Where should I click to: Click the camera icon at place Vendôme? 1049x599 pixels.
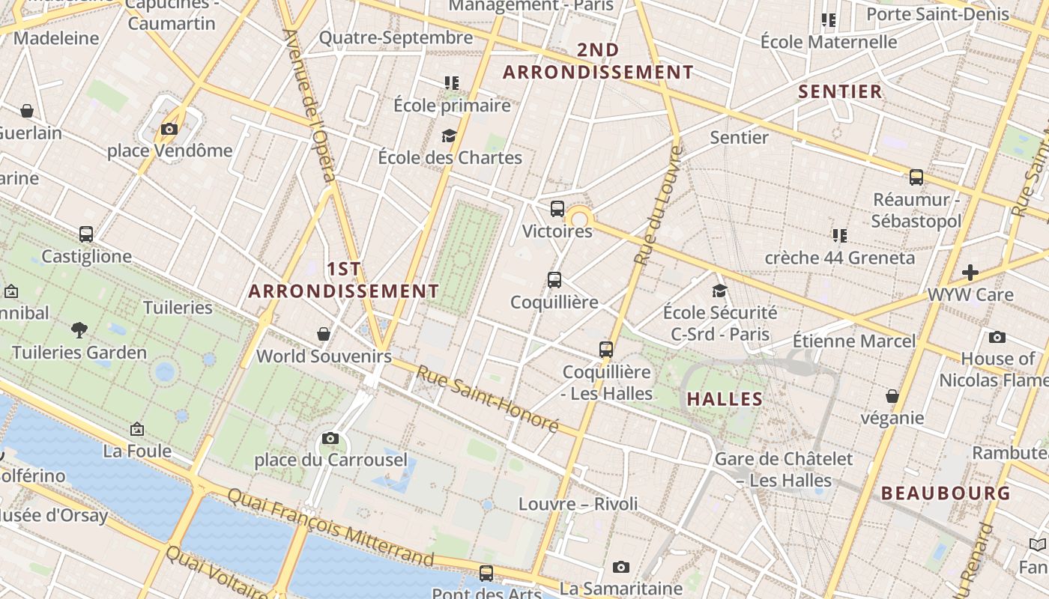(x=169, y=129)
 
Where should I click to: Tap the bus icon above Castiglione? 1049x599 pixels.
(x=86, y=234)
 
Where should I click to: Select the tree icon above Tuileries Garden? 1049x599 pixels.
(x=79, y=329)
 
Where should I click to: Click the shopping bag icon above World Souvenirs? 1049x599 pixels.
(x=324, y=334)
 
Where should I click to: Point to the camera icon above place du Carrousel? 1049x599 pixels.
(x=330, y=438)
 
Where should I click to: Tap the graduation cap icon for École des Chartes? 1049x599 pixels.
(x=449, y=136)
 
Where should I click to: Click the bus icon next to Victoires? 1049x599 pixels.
(x=557, y=209)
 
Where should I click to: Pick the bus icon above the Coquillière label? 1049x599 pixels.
(x=554, y=280)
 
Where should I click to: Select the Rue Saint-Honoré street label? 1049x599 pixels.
(x=488, y=398)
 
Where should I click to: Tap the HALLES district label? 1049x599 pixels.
(x=725, y=399)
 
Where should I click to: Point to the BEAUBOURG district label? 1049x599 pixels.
(x=946, y=493)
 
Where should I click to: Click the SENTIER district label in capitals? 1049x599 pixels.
(x=840, y=92)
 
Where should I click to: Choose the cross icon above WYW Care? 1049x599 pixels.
(x=970, y=272)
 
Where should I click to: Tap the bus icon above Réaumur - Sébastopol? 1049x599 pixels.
(x=916, y=177)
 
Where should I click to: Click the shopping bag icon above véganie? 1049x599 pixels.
(x=892, y=395)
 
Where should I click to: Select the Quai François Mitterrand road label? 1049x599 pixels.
(x=330, y=527)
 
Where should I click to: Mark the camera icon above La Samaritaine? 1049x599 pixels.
(x=620, y=567)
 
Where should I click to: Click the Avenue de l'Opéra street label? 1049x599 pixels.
(x=309, y=105)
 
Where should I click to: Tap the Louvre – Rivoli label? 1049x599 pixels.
(x=578, y=504)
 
